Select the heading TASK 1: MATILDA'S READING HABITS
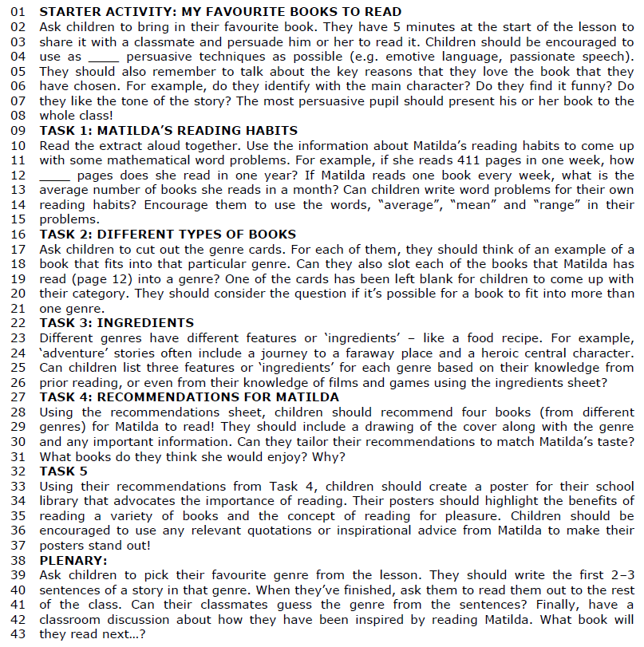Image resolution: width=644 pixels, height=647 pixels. coord(168,130)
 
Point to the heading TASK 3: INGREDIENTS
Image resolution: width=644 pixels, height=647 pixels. coord(117,322)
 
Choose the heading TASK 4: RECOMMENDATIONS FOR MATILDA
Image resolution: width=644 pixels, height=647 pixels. coord(189,396)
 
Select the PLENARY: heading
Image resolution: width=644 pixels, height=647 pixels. coord(71,560)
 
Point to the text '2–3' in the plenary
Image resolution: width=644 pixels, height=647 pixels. coord(619,574)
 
